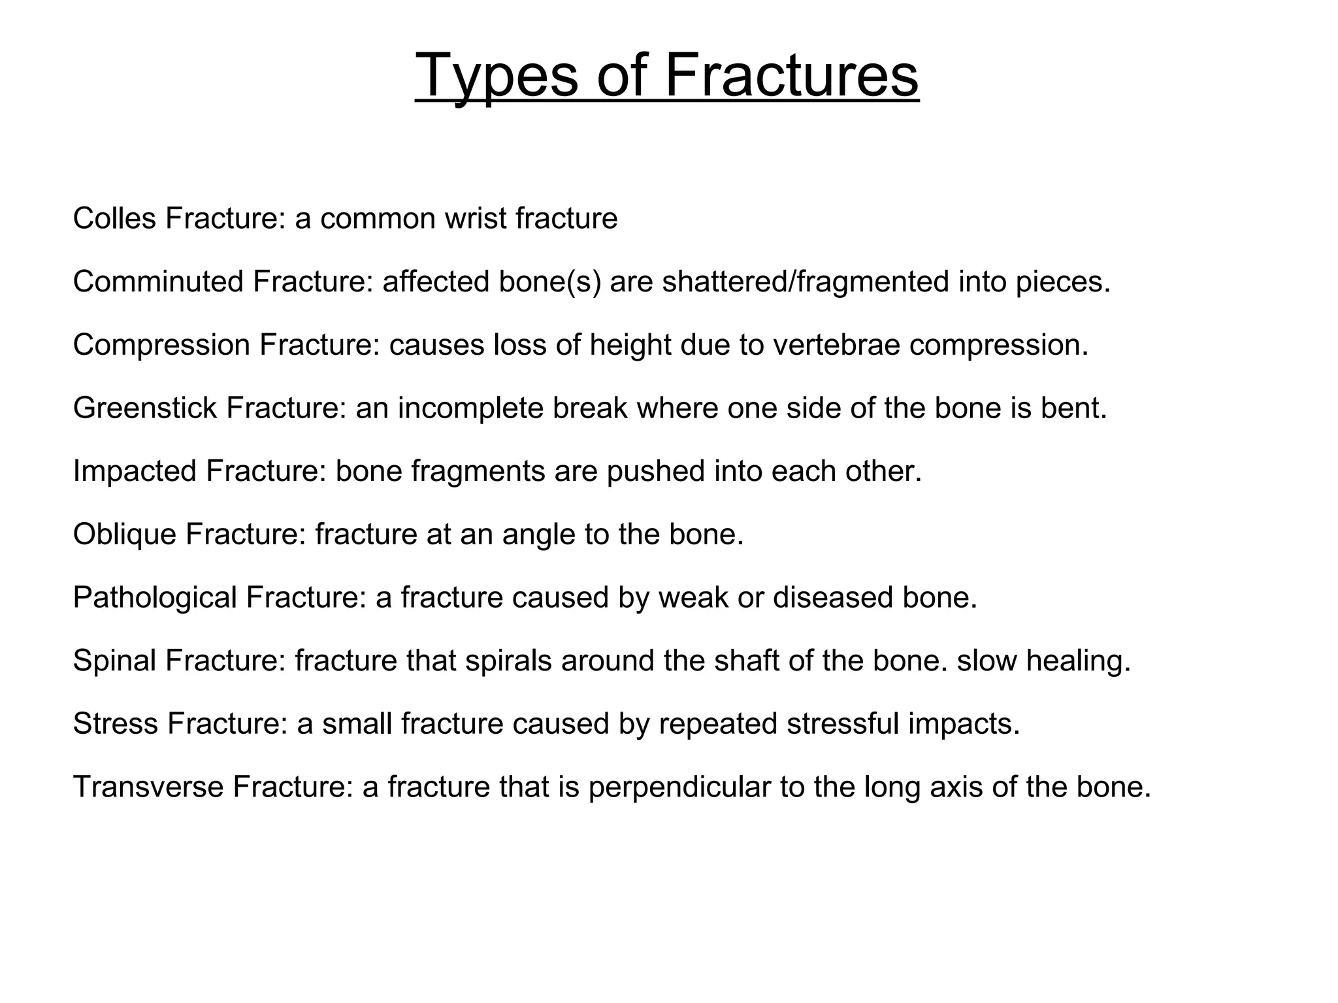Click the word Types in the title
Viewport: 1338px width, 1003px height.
(x=497, y=76)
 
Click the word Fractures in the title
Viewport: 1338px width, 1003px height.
(x=791, y=76)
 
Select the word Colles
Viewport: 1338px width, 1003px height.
(x=114, y=218)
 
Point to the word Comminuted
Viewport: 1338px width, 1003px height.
(x=157, y=282)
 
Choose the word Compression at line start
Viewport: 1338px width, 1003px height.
(x=161, y=345)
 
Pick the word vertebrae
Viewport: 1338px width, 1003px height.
(x=836, y=345)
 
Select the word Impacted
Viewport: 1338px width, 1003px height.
(x=134, y=471)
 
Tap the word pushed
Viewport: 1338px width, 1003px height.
(x=655, y=471)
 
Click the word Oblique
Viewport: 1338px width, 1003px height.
(x=125, y=534)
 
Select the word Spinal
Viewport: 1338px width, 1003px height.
(x=114, y=661)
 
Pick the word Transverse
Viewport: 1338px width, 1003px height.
(x=149, y=787)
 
